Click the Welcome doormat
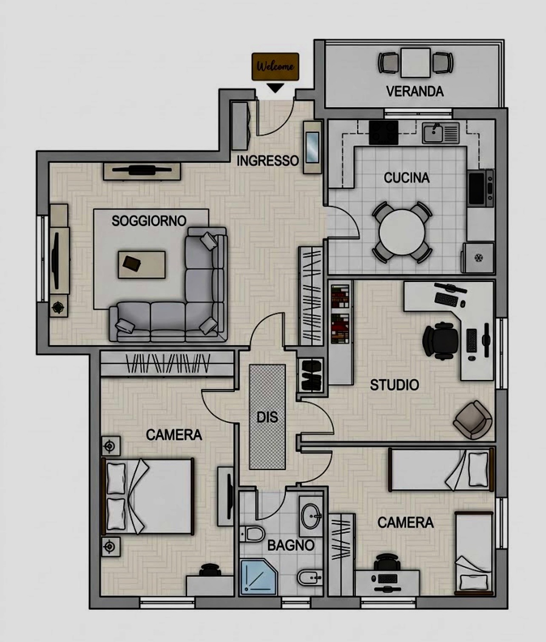point(275,66)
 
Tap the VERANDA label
point(415,91)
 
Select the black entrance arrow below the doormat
point(275,88)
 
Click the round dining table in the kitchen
point(402,232)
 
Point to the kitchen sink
point(440,133)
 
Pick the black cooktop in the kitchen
point(384,133)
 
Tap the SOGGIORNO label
point(149,221)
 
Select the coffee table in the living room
point(142,265)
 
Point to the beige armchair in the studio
point(473,420)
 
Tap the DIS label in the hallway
point(267,417)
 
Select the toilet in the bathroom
point(252,534)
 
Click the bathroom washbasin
point(311,516)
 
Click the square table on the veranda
point(416,62)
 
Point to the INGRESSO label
point(268,161)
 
